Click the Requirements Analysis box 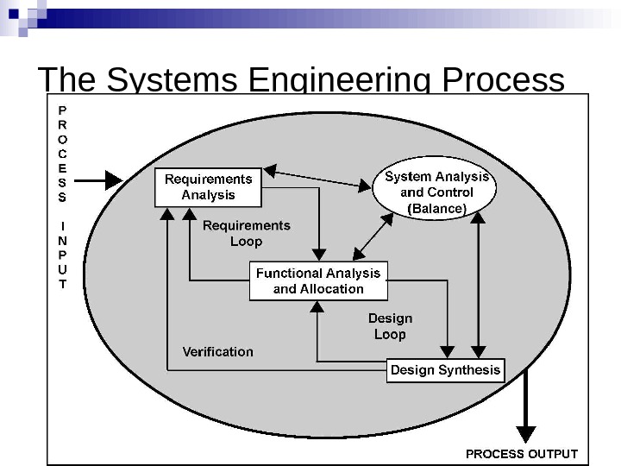208,187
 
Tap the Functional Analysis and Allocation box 318,280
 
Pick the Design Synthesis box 445,370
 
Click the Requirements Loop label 246,233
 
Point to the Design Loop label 390,326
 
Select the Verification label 218,351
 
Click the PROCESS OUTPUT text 522,453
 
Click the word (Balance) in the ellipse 436,208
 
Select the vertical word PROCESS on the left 61,154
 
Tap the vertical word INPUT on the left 61,255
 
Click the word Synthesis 470,370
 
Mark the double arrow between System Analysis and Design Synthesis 477,285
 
